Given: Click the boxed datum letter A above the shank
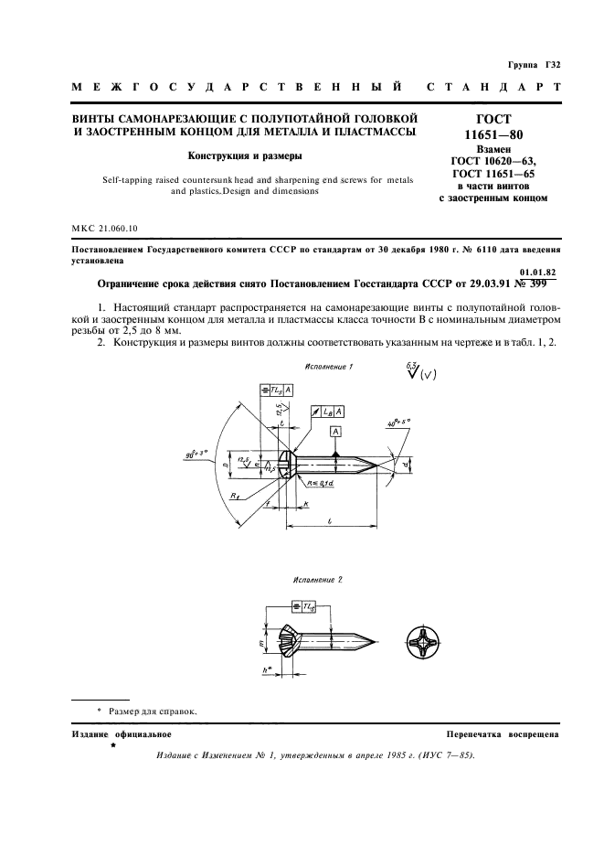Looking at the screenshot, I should click(x=337, y=431).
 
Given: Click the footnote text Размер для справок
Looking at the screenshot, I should click(x=153, y=711).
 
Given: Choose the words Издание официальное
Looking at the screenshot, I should click(x=121, y=734).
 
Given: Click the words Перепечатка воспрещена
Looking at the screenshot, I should click(x=498, y=734).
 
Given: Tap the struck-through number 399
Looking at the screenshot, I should click(x=534, y=284).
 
